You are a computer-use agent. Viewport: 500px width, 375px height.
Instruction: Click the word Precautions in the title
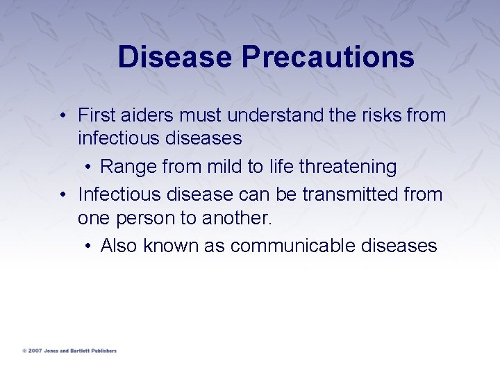point(328,57)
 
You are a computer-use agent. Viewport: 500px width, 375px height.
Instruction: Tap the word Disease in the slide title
point(175,57)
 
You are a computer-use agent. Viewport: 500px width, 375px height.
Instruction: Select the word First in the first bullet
point(95,115)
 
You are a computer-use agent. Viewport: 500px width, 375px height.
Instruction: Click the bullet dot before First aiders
point(62,115)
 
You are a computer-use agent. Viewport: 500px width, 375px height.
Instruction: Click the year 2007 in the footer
point(35,351)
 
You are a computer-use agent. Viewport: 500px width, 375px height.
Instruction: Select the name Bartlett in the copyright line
point(76,351)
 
